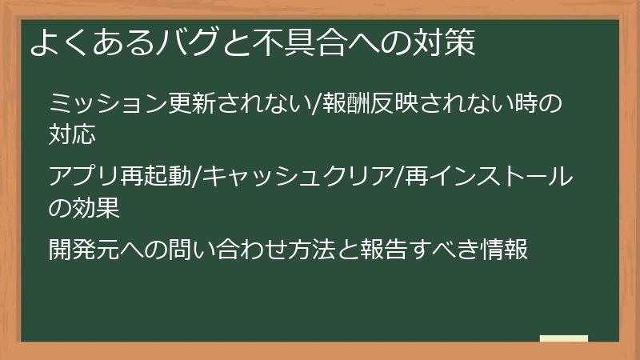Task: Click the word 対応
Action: point(74,134)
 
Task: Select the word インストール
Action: point(504,177)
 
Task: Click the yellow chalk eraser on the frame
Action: point(564,338)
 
